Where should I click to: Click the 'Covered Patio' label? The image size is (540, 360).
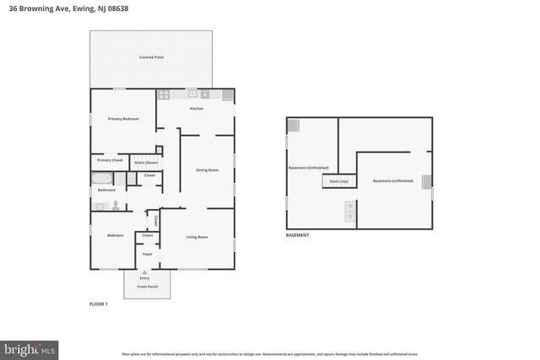click(152, 56)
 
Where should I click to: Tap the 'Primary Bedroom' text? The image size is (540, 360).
click(123, 120)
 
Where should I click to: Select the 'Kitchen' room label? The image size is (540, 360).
click(197, 109)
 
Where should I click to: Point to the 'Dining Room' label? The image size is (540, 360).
click(208, 170)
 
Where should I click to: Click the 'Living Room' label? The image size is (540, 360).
click(197, 237)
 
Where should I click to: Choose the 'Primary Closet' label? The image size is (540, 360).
click(110, 160)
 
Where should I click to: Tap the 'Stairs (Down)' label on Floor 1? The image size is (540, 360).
click(146, 162)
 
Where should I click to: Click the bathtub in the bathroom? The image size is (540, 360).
click(102, 178)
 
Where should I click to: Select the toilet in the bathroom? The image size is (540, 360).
click(115, 205)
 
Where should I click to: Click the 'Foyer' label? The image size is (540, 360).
click(147, 253)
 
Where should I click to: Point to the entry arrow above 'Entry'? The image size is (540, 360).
click(144, 272)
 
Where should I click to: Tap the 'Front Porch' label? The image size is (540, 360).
click(147, 287)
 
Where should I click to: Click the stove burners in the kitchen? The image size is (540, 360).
click(165, 94)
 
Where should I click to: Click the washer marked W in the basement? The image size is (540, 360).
click(350, 206)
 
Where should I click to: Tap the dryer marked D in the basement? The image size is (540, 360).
click(350, 217)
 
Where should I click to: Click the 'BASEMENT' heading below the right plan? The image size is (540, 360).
click(297, 235)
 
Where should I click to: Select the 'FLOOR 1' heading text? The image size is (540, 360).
click(99, 303)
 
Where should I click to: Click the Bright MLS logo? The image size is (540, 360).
click(30, 347)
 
